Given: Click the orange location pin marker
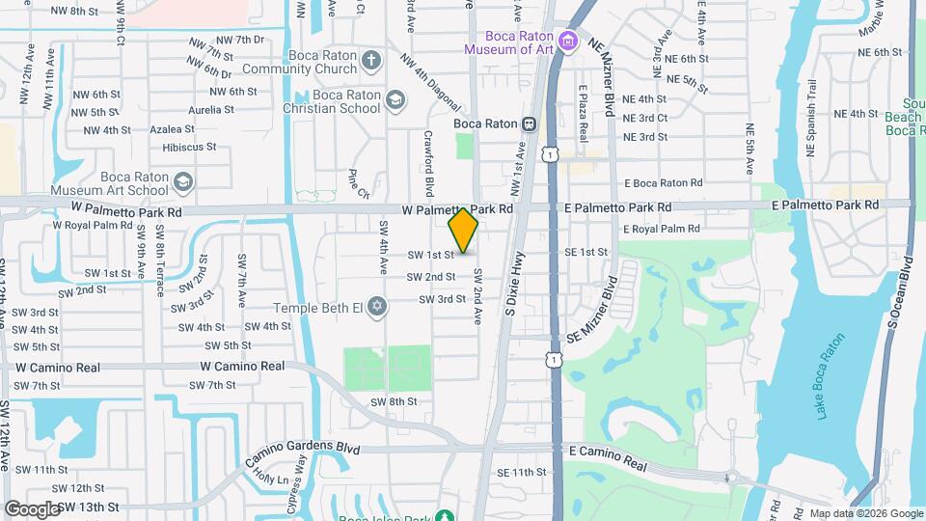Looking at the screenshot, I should pyautogui.click(x=464, y=231).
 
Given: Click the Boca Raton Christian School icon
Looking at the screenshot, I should pyautogui.click(x=395, y=100).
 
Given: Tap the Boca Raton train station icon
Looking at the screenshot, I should pyautogui.click(x=529, y=123).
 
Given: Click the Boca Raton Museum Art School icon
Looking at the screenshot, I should pyautogui.click(x=182, y=181).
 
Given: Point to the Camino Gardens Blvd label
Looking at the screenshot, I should pyautogui.click(x=287, y=449).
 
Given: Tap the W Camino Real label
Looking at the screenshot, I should pyautogui.click(x=242, y=367).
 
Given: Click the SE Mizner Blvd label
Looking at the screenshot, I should pyautogui.click(x=591, y=310).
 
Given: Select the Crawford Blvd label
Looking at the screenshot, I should pyautogui.click(x=428, y=160).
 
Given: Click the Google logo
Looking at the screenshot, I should pyautogui.click(x=31, y=508).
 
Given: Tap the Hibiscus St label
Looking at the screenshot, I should pyautogui.click(x=189, y=147).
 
